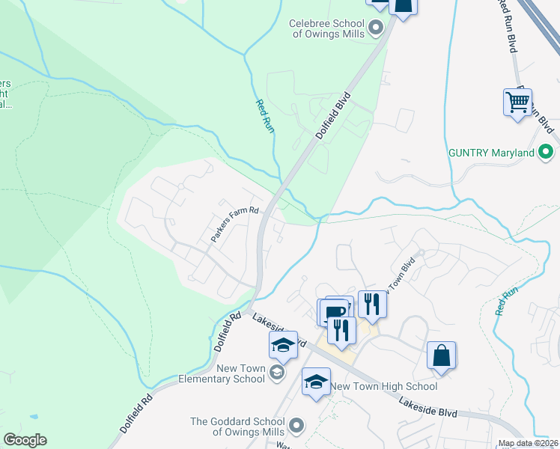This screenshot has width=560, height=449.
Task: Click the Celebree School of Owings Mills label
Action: click(x=327, y=28)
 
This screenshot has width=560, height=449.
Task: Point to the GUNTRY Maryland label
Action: click(x=491, y=153)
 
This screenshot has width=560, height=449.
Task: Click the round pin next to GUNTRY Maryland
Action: click(x=547, y=153)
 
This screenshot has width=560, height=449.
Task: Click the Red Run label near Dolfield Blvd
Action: click(x=265, y=117)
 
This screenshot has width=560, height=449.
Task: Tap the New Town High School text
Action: click(x=384, y=386)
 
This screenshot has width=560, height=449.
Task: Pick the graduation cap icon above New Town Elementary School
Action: click(x=283, y=344)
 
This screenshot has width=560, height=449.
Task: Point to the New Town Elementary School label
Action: click(x=240, y=373)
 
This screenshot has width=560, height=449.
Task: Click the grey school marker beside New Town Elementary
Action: click(x=276, y=373)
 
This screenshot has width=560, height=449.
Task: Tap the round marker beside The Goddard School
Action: click(x=296, y=426)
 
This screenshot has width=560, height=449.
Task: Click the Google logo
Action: click(x=25, y=440)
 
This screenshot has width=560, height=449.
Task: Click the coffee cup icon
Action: click(x=333, y=311)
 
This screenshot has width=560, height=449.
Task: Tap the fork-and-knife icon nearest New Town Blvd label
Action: click(x=372, y=303)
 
